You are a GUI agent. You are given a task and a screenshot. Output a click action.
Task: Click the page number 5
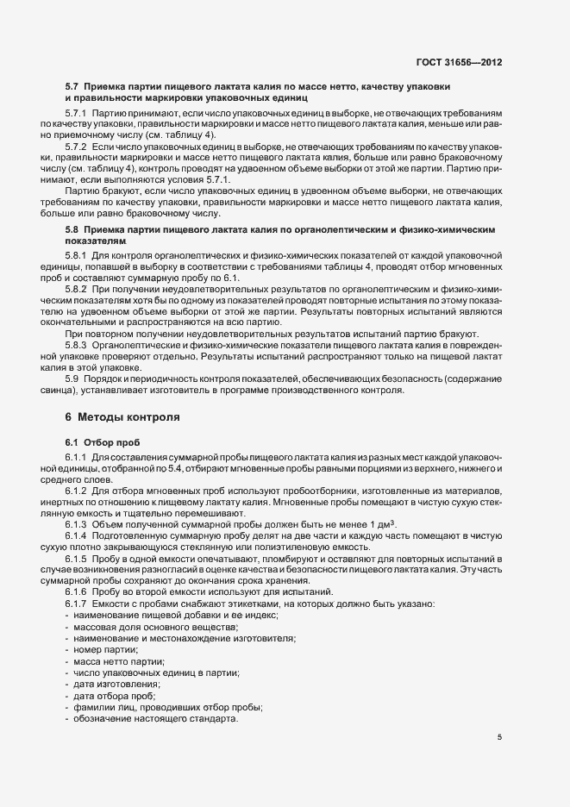pyautogui.click(x=500, y=738)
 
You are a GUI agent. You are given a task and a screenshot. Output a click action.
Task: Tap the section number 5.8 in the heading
pyautogui.click(x=72, y=232)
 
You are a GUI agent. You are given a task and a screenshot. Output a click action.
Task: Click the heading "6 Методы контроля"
pyautogui.click(x=122, y=417)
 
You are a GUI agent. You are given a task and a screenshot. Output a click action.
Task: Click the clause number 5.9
pyautogui.click(x=72, y=379)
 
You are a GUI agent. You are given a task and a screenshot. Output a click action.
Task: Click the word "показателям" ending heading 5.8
pyautogui.click(x=96, y=244)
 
